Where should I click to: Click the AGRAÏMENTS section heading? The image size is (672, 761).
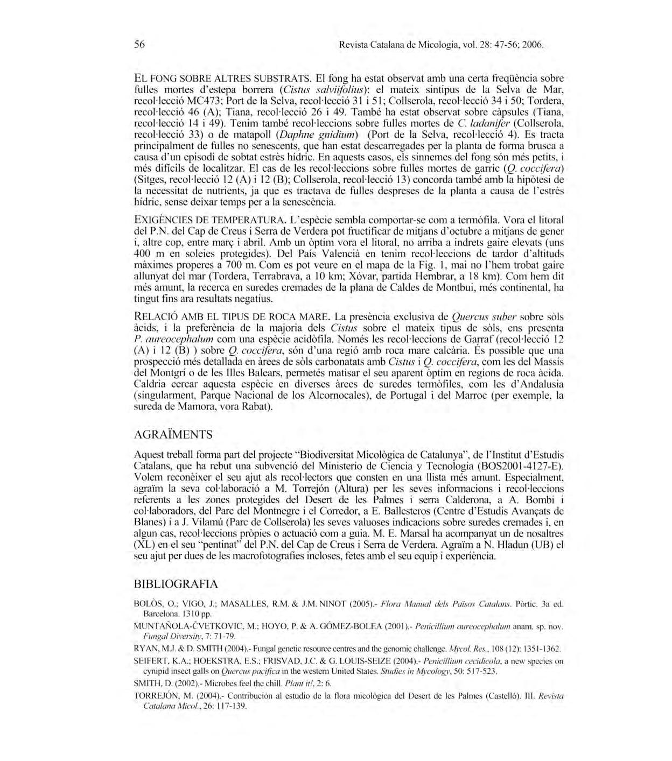coord(173,434)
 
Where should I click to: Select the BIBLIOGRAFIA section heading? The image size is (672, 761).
coord(176,584)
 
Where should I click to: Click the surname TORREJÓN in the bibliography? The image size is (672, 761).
coord(156,695)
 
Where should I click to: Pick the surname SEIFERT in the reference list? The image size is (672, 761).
coord(151,661)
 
